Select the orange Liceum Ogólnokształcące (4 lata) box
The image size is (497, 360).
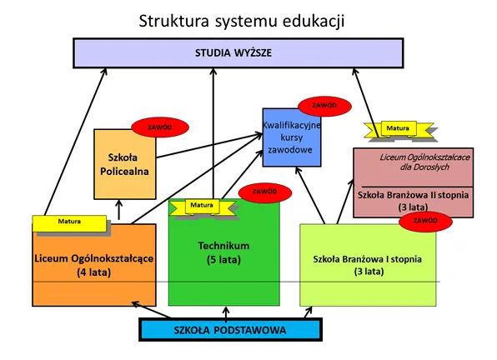coord(93,267)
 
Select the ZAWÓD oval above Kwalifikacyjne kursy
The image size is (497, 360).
coord(324,106)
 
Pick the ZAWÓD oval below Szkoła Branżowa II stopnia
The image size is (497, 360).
coord(424,221)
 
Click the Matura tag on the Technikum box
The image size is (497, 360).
coord(201,205)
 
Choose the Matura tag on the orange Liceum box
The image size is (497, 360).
coord(70,222)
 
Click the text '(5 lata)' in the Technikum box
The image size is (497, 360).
coord(222,259)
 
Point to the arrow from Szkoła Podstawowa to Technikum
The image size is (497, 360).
coord(226,312)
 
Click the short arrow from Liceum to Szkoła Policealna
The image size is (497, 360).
coord(120,210)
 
